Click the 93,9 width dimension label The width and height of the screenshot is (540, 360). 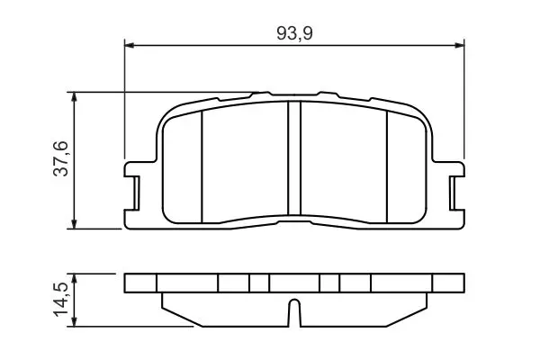[x=294, y=34]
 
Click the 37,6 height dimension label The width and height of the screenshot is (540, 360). [x=61, y=158]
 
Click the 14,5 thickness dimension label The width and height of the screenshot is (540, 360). [x=61, y=300]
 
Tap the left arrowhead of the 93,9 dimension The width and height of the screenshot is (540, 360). [x=129, y=45]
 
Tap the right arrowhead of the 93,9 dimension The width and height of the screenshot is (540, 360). [x=459, y=45]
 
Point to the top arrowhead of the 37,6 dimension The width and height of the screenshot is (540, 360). [x=74, y=97]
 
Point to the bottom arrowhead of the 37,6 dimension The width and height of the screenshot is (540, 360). [x=74, y=223]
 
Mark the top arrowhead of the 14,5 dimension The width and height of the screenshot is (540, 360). [x=74, y=279]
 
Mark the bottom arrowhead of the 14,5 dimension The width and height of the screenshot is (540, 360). [x=74, y=322]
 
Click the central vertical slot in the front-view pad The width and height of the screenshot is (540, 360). [x=294, y=158]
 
